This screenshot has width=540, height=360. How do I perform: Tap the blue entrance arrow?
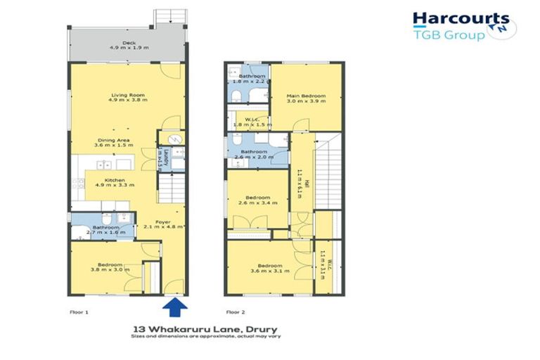tap(174, 307)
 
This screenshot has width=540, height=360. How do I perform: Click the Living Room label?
tap(127, 98)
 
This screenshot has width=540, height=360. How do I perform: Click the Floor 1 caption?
tap(78, 311)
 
